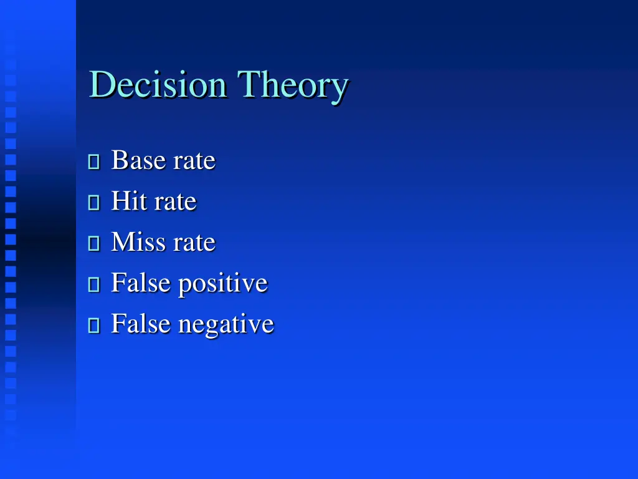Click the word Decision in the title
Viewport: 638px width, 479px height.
[x=158, y=85]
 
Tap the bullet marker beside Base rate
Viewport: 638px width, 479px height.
[x=94, y=162]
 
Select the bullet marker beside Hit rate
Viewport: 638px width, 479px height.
[x=94, y=203]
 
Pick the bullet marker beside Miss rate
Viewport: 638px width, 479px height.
[x=94, y=244]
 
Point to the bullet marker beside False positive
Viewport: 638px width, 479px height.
[x=94, y=285]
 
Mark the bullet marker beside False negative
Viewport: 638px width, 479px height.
[x=94, y=326]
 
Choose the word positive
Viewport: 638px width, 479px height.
[x=223, y=284]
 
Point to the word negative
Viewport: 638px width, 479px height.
[x=226, y=325]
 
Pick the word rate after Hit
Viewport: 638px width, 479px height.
[x=176, y=202]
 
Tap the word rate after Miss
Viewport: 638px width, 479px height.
[x=194, y=243]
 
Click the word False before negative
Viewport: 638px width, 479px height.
[x=141, y=324]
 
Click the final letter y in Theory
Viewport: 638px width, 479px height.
[x=338, y=89]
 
